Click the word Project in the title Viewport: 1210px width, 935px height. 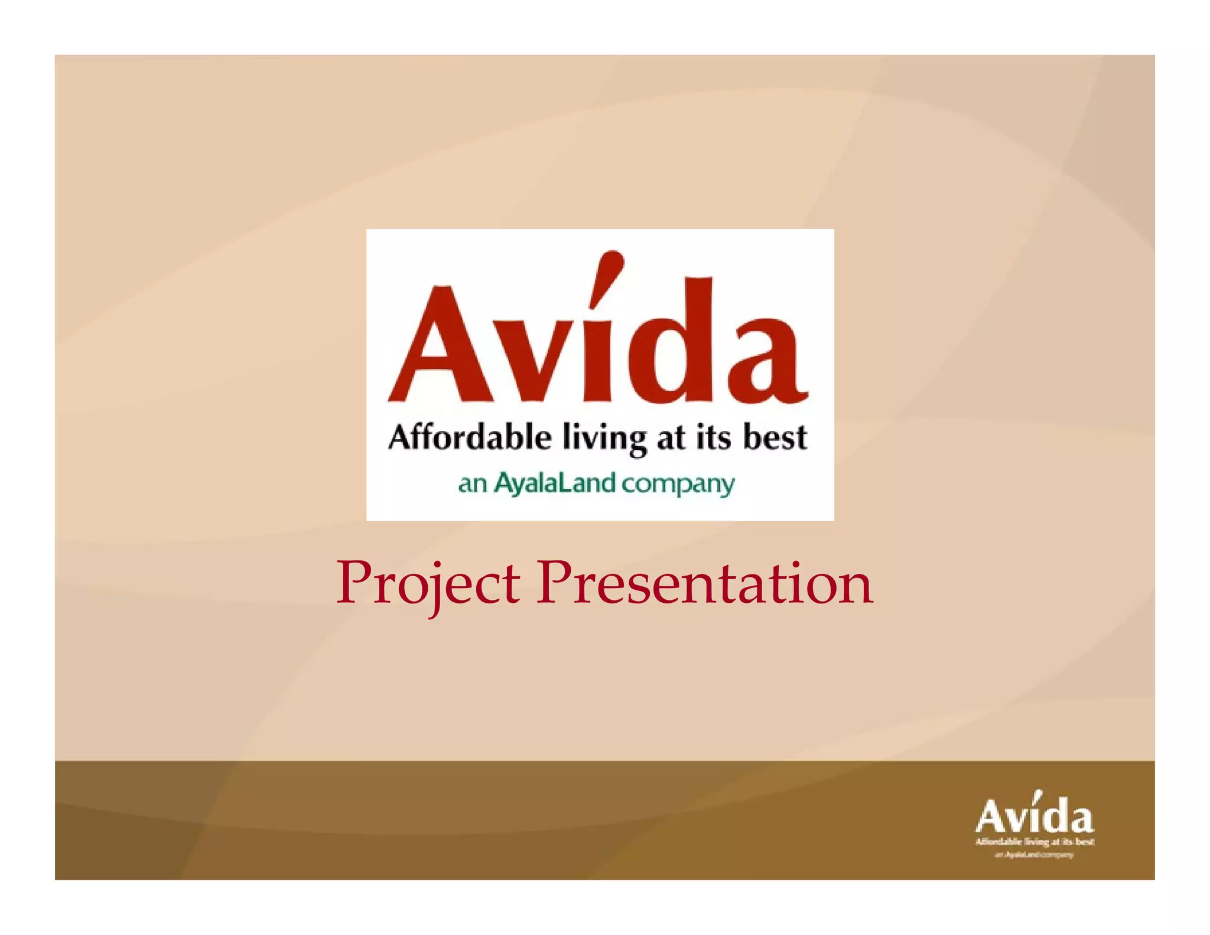(428, 583)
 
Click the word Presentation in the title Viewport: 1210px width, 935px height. (704, 583)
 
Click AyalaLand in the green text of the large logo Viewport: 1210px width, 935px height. (555, 483)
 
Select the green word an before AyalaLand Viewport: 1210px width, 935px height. (472, 484)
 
